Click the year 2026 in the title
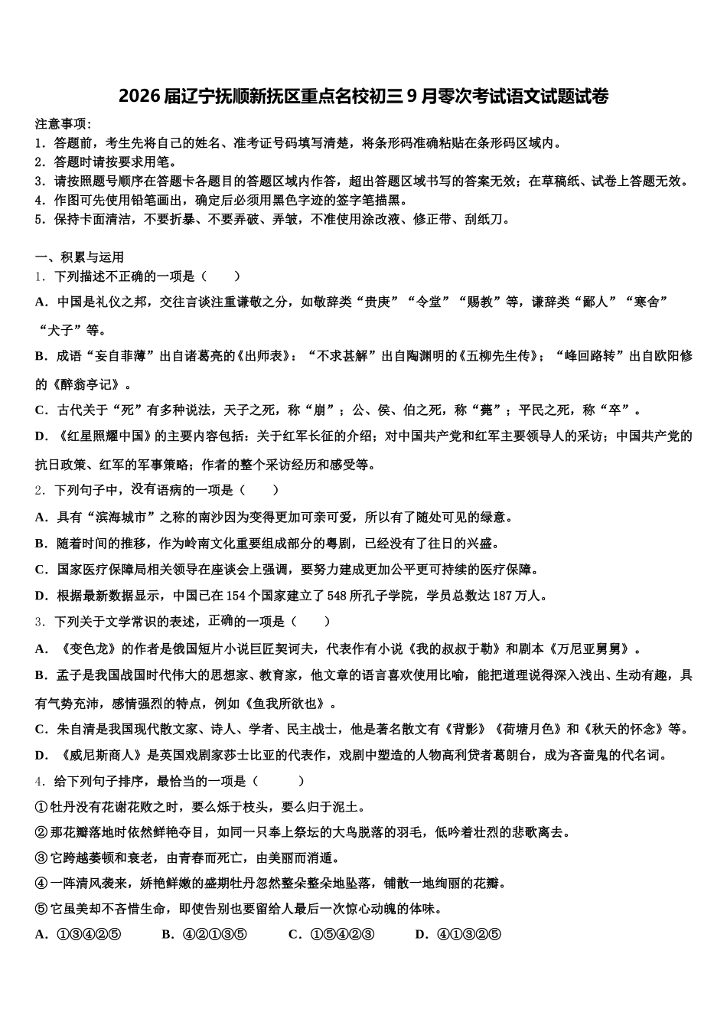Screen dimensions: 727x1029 coord(138,97)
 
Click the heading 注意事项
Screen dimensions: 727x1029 coord(63,124)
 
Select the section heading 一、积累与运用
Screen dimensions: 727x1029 coord(79,257)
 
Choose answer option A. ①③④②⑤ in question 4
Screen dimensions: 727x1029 coord(79,934)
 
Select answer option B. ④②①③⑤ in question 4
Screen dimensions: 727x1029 coord(204,934)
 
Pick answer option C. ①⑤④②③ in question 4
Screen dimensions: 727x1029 coord(331,934)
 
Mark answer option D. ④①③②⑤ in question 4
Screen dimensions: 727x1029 coord(458,934)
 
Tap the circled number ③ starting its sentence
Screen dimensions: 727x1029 coord(41,858)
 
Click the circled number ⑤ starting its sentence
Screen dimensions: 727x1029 coord(41,909)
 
